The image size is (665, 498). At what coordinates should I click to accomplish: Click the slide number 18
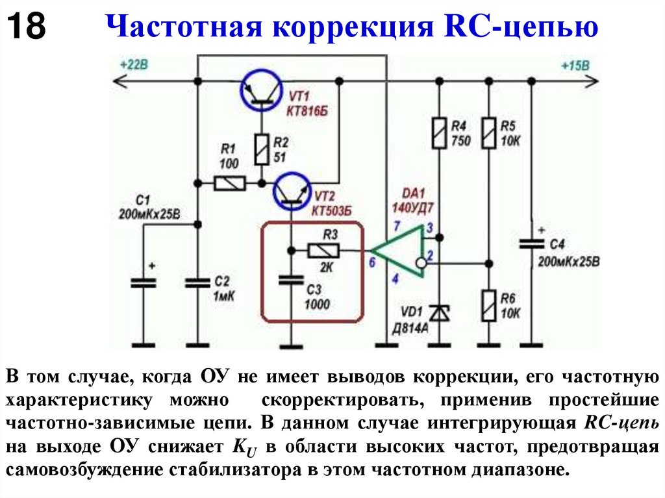27,28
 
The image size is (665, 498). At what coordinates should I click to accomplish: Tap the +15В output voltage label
575,66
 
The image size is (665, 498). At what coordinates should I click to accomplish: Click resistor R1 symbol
229,184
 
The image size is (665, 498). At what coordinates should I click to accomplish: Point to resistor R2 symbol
262,149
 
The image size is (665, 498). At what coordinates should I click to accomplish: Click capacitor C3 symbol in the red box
292,280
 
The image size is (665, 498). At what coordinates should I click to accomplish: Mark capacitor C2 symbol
196,283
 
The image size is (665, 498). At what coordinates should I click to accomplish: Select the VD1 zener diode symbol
440,313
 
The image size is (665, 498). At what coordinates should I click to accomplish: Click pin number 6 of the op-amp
371,262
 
